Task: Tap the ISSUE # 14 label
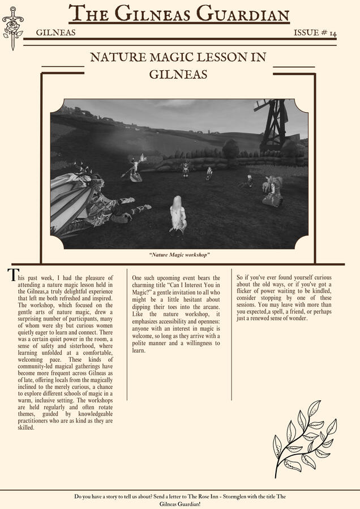coord(315,33)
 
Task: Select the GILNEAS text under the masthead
coord(55,33)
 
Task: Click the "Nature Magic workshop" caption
coord(179,255)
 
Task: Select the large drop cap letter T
coord(12,275)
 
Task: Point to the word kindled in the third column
coord(320,291)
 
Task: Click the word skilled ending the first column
coord(27,427)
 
